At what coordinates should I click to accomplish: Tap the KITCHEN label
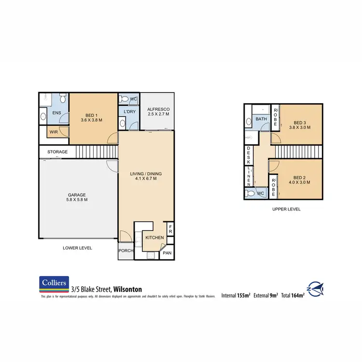pos(154,238)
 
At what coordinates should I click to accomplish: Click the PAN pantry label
pos(167,252)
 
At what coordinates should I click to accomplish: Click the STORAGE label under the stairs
pos(57,152)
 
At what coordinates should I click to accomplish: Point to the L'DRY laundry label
pos(128,112)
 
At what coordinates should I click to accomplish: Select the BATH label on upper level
pos(261,119)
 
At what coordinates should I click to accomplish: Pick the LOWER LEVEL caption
pos(77,248)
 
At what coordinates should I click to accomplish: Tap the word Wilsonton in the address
pos(127,289)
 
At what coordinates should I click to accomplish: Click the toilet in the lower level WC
pos(124,99)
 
